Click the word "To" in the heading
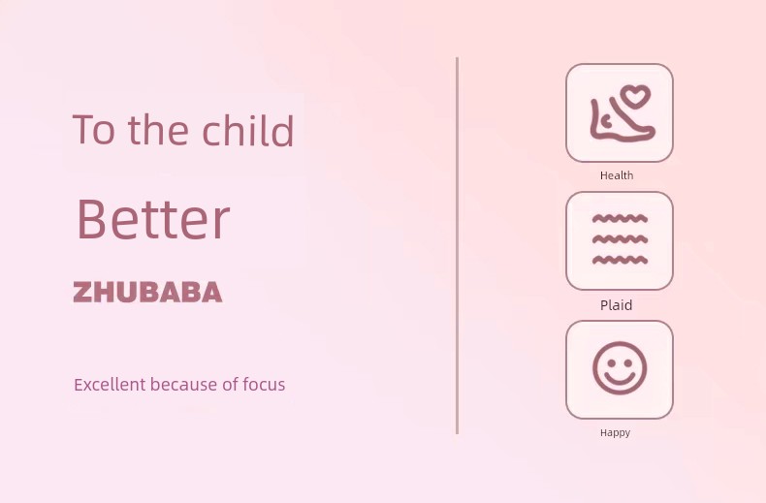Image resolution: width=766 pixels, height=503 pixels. [94, 130]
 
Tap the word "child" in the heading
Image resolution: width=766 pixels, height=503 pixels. [247, 130]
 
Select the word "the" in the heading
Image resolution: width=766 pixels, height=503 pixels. [158, 130]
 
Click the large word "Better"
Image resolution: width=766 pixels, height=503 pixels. [153, 219]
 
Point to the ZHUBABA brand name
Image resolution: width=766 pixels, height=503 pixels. [147, 292]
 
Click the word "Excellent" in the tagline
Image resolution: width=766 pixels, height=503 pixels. [110, 385]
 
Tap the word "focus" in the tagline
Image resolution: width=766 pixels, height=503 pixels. [264, 385]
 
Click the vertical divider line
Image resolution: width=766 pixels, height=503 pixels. [457, 245]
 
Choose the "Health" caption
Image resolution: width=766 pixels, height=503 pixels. [617, 175]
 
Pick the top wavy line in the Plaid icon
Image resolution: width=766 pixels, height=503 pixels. [620, 218]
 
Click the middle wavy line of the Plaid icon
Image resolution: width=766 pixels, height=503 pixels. [620, 239]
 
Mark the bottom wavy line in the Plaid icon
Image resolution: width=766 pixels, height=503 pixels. [620, 260]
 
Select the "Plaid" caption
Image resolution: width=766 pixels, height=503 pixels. [616, 305]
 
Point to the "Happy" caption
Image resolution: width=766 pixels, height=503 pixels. [615, 432]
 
